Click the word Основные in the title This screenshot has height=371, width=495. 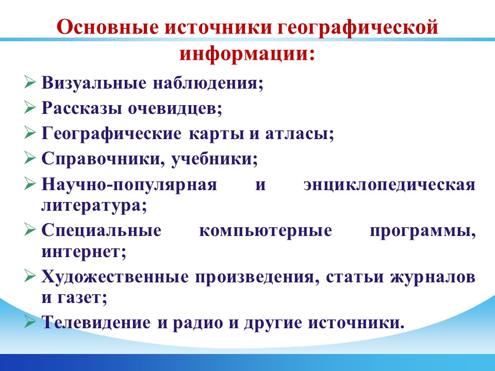pos(108,27)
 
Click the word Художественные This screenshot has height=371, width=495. pos(115,277)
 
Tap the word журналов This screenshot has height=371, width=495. pos(432,278)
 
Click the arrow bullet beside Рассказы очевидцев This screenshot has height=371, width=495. pos(30,107)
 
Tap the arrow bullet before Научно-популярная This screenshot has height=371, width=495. pos(30,183)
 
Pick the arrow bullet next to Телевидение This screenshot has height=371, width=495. pos(30,322)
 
